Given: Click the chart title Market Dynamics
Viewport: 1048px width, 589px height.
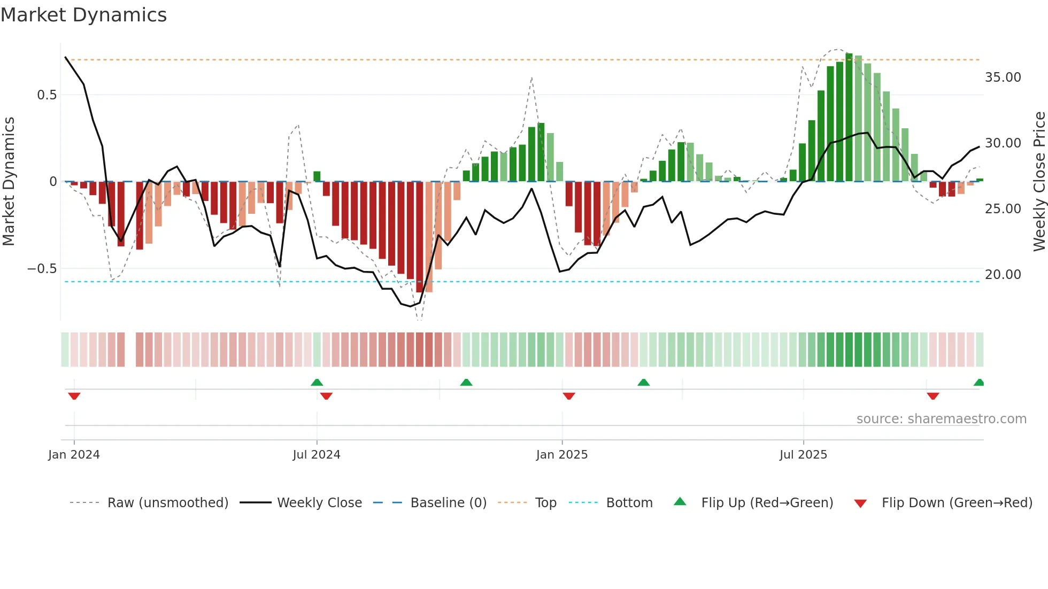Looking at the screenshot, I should coord(83,15).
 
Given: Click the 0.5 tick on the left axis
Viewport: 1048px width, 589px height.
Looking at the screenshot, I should coord(47,95).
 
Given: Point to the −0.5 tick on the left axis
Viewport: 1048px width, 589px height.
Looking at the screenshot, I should coord(42,269).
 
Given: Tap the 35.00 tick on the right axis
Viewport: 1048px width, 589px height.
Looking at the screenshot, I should coord(1003,77).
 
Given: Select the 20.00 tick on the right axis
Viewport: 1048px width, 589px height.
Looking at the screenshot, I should coord(1003,275).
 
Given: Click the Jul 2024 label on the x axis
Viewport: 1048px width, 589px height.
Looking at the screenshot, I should coord(317,455).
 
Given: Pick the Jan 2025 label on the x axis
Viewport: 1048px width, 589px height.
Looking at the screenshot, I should coord(561,455).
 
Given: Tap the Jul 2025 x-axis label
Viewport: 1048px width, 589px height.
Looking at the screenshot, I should coord(803,455).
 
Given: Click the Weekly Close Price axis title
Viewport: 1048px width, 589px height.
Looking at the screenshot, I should coord(1039,182).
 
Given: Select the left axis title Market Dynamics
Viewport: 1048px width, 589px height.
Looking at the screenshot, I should coord(9,182).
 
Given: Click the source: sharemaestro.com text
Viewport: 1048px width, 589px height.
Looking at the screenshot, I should coord(941,419).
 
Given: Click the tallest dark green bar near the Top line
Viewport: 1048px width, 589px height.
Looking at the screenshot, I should coord(849,118).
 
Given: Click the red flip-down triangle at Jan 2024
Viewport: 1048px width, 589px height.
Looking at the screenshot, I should coord(74,396).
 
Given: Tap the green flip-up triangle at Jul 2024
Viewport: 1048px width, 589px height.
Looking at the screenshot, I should coord(317,382).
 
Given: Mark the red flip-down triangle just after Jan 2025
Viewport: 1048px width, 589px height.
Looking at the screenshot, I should coord(569,396).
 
